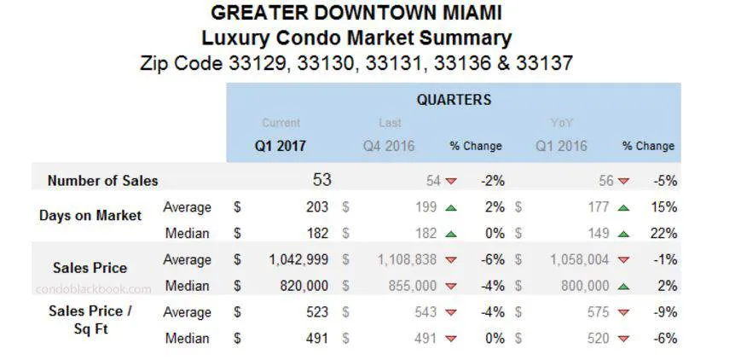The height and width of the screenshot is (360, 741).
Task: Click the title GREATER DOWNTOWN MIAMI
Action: (356, 13)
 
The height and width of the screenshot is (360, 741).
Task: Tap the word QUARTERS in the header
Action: (454, 100)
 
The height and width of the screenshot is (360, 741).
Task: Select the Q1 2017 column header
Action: (280, 146)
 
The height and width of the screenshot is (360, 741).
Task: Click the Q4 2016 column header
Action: (389, 146)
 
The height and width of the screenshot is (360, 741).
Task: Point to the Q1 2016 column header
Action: (561, 146)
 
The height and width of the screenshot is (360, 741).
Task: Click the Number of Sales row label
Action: (102, 181)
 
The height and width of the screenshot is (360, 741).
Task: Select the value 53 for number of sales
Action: (321, 180)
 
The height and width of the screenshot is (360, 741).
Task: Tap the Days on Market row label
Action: (90, 216)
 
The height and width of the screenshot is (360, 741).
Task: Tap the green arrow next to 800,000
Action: (624, 287)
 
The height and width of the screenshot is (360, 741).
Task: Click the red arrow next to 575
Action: (624, 313)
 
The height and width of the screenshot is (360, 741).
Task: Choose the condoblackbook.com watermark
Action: (93, 288)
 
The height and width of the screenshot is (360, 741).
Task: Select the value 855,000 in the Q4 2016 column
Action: (414, 286)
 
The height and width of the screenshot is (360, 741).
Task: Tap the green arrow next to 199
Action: (451, 207)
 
